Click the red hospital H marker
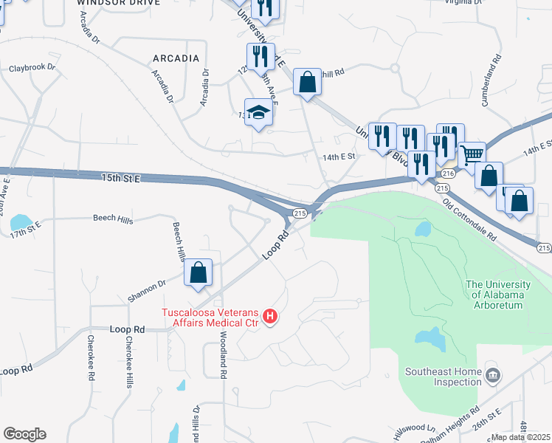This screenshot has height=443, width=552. point(270,317)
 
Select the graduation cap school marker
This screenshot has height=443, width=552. point(258,113)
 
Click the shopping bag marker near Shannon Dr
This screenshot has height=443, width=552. point(199,272)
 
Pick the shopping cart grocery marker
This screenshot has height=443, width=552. point(472,155)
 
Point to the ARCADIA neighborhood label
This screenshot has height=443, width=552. point(176,58)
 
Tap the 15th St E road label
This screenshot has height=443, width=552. point(121,177)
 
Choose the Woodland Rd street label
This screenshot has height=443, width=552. point(224,355)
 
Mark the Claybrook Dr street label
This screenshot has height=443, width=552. point(32,68)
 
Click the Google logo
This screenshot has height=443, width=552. point(24,434)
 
